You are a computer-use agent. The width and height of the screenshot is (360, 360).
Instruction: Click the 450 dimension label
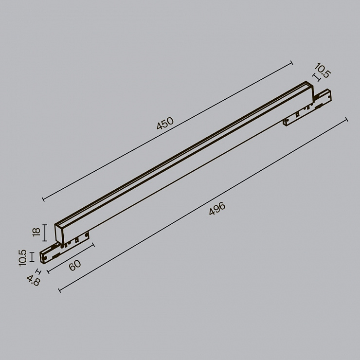pos(165,123)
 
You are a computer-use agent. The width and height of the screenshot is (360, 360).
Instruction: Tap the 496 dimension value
pos(217,209)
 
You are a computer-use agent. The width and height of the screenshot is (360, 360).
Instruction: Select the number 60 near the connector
pos(75,265)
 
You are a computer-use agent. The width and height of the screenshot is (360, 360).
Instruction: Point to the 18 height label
pos(36,232)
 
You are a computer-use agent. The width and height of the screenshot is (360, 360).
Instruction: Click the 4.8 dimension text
pos(34,281)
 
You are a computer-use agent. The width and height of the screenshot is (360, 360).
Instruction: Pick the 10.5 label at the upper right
pos(323,70)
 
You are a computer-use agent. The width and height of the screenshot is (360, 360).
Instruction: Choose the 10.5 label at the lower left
pos(23,258)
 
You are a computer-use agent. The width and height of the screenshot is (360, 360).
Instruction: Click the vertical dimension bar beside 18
pos(45,233)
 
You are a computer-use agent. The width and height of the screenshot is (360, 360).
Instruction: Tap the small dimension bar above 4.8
pos(38,272)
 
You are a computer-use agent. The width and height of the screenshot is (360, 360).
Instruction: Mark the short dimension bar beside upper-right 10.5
pos(317,77)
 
